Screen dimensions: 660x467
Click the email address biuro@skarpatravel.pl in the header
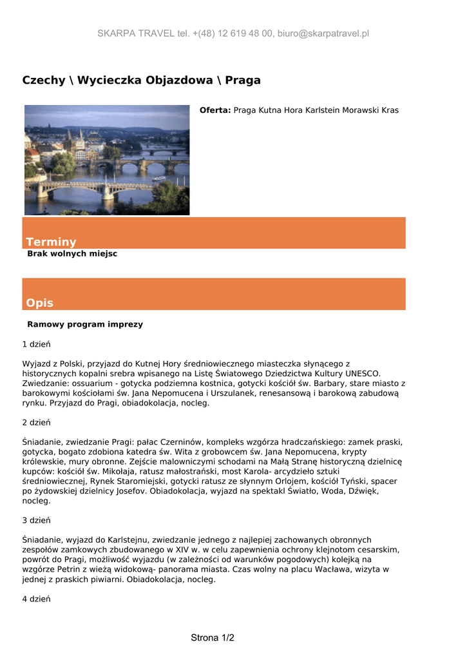coord(323,34)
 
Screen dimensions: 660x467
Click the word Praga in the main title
coord(243,81)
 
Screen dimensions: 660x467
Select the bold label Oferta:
coord(215,110)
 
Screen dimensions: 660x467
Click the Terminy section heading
coord(51,242)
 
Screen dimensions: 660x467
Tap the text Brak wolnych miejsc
coord(72,254)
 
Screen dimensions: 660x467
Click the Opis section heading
coord(40,303)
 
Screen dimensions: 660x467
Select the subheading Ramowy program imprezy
coord(85,324)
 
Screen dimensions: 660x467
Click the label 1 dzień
coord(37,344)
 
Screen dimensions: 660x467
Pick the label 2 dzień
coord(37,422)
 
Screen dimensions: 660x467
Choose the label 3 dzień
coord(37,520)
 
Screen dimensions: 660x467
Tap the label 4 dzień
coord(37,599)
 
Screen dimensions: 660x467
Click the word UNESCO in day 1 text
coord(363,373)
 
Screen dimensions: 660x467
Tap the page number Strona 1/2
coord(213,638)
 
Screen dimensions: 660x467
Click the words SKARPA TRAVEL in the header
coord(136,34)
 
